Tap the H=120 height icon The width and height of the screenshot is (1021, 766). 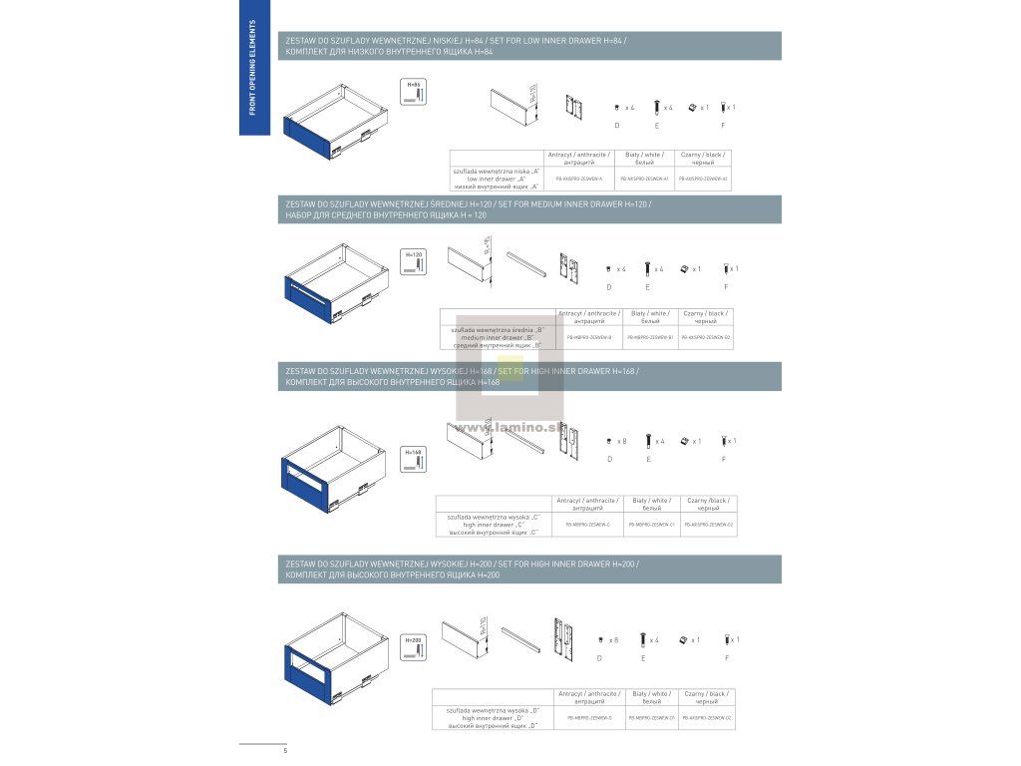(414, 262)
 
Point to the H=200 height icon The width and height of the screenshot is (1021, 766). (414, 646)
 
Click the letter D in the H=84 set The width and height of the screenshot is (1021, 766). (616, 125)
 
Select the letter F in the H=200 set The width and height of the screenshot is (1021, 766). (727, 659)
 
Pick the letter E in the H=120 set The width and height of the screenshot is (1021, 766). (647, 287)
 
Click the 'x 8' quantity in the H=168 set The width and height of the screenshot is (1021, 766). (620, 441)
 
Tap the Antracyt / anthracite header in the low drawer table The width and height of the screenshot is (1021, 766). (578, 159)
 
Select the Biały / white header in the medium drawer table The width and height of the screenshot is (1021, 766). (650, 317)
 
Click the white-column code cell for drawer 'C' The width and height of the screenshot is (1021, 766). (652, 524)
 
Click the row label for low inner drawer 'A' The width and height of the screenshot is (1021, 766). (496, 179)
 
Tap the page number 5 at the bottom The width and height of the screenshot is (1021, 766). (285, 749)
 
